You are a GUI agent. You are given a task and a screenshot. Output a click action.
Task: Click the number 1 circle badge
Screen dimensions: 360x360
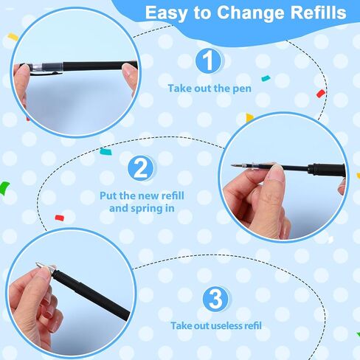click(x=208, y=60)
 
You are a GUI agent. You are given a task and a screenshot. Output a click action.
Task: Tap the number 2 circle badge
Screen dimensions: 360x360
click(x=141, y=168)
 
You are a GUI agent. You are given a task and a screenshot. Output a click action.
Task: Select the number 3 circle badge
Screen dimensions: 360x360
click(x=215, y=299)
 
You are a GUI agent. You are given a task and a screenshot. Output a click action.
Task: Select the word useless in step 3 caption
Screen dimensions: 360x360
click(x=226, y=326)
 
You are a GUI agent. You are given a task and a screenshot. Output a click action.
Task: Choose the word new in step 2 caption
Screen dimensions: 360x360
click(x=147, y=196)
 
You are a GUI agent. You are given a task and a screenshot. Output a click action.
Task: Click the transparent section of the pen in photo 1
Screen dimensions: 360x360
click(x=38, y=66)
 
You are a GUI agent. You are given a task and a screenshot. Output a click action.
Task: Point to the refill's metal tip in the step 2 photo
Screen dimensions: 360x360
click(x=235, y=165)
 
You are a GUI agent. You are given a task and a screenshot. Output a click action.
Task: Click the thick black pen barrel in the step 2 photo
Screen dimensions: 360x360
click(x=328, y=170)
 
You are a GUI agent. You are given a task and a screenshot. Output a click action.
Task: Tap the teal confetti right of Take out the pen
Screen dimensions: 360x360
click(x=266, y=79)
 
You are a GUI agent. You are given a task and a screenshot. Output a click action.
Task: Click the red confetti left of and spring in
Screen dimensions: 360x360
click(x=60, y=218)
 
